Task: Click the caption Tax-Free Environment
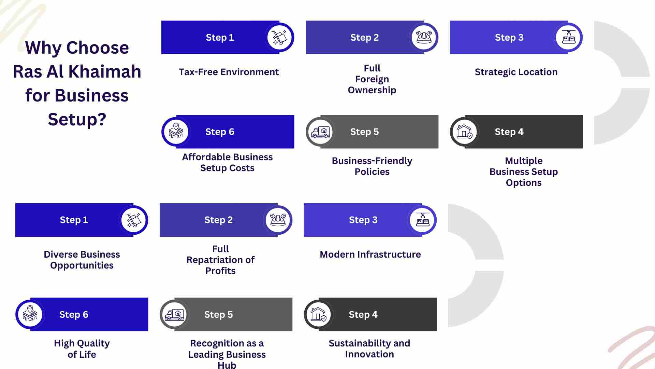click(229, 72)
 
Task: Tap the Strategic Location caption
click(516, 72)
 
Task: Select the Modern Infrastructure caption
click(370, 255)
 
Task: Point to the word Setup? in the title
click(77, 120)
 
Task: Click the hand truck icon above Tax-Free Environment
click(279, 37)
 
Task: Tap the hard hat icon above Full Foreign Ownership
click(424, 37)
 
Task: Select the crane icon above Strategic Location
click(568, 37)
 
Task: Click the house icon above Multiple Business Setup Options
click(465, 132)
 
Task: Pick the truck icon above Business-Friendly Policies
click(320, 132)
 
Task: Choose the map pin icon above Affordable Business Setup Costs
click(176, 131)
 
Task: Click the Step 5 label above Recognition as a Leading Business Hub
click(218, 314)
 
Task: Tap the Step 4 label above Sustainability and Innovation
click(363, 314)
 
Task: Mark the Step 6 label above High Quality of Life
click(74, 314)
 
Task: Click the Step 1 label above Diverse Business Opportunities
click(74, 220)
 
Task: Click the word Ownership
click(372, 90)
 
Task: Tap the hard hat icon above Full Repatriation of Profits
click(278, 220)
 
